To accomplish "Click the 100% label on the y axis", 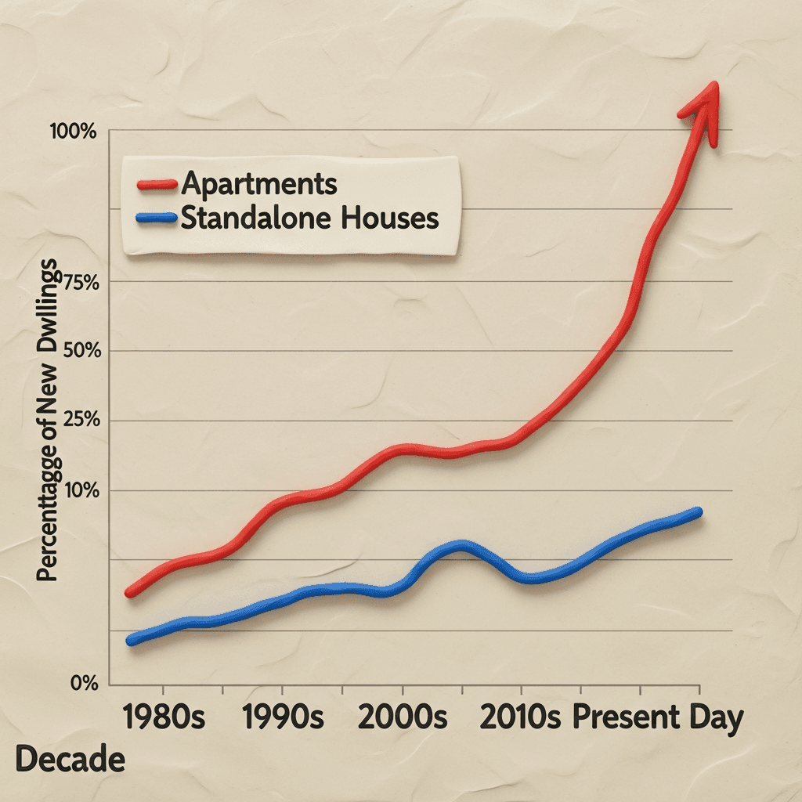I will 73,132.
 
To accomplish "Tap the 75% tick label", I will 78,284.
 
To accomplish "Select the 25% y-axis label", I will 78,421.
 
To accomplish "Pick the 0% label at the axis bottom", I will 84,684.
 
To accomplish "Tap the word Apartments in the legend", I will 258,184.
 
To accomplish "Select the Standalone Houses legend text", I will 309,219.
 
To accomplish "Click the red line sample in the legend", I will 157,185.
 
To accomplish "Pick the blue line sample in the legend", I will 157,220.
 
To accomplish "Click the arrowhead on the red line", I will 703,106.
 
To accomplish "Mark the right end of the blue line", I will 697,512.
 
